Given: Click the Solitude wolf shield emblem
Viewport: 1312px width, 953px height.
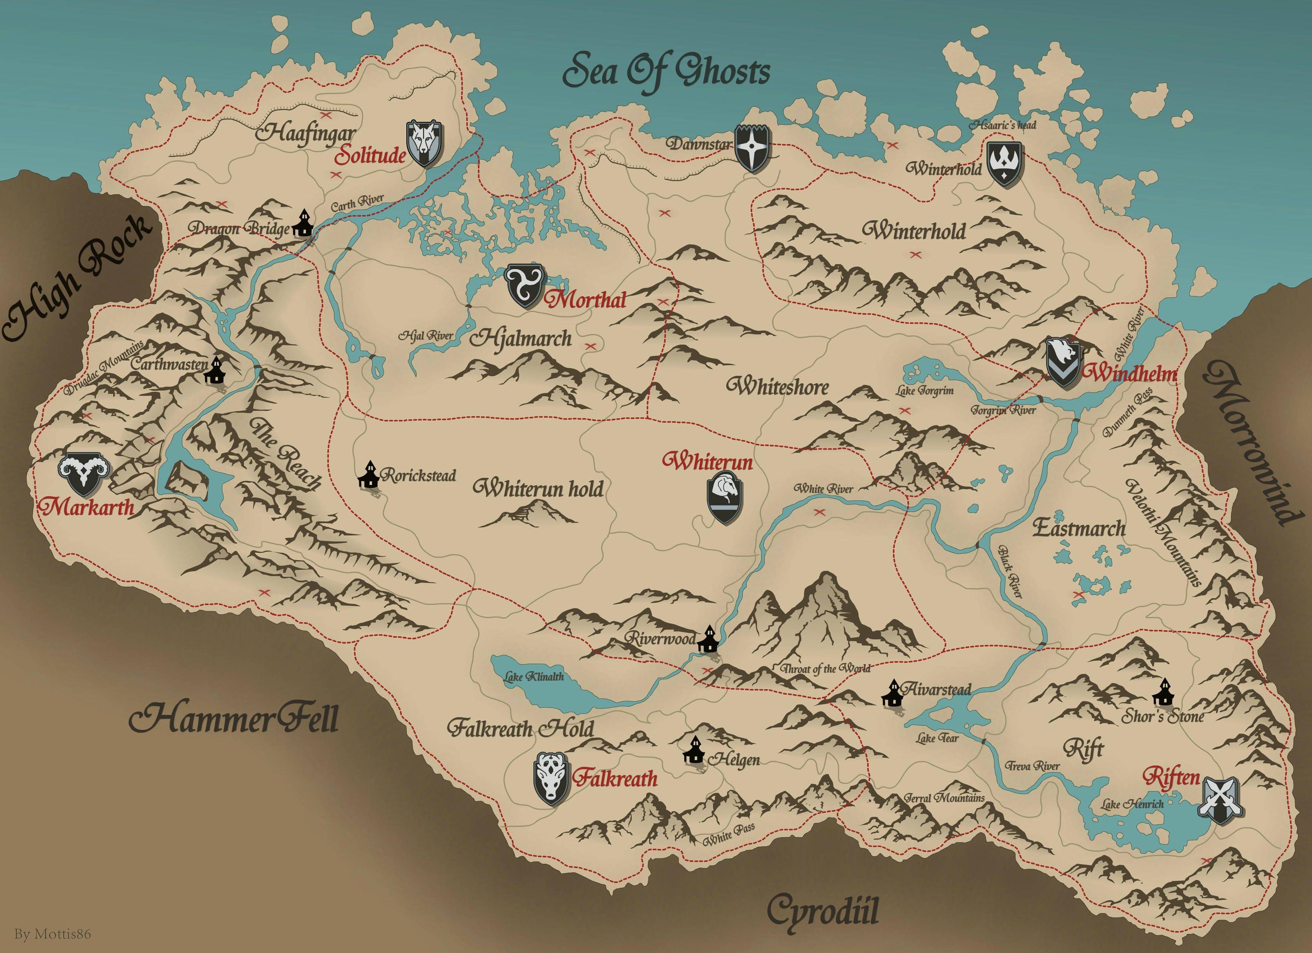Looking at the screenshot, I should [425, 143].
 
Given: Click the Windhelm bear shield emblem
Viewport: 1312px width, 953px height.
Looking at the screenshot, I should [1063, 362].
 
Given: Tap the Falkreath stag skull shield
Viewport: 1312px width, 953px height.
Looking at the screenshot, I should [550, 778].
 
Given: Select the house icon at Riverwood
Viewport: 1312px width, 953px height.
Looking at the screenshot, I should [707, 639].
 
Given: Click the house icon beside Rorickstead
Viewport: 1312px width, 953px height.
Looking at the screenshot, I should [368, 475].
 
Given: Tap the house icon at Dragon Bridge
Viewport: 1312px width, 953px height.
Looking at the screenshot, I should [302, 223].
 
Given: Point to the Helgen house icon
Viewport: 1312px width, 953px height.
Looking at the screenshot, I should [694, 751].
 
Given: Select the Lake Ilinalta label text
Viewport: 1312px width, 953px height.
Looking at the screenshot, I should [533, 677].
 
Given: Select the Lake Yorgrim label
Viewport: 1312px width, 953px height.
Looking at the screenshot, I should [925, 391].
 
